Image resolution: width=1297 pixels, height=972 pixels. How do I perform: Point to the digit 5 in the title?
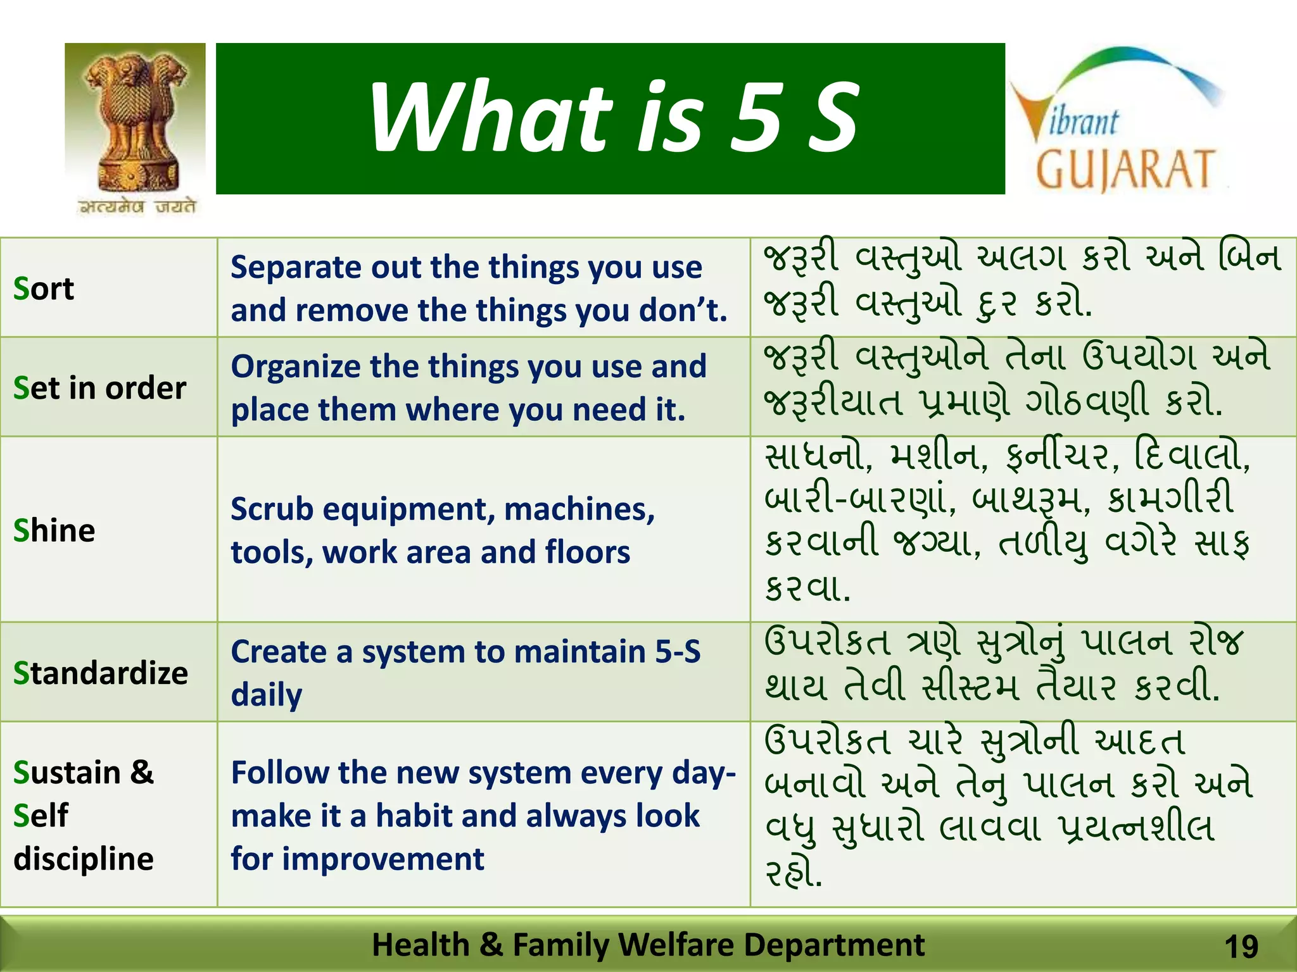[x=757, y=118]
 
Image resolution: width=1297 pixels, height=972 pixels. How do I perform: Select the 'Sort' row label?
[x=44, y=289]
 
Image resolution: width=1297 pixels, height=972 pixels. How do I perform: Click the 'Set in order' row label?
[x=100, y=388]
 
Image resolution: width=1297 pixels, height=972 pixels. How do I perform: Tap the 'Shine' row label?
[x=54, y=530]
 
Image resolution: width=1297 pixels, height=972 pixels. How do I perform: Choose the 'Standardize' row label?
[x=101, y=673]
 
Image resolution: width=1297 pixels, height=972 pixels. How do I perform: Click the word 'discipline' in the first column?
[x=84, y=859]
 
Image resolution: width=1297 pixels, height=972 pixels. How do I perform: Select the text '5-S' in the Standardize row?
[x=678, y=651]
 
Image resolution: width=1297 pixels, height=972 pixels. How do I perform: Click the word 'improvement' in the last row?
[x=383, y=859]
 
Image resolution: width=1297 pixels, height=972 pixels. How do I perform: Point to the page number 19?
[x=1241, y=947]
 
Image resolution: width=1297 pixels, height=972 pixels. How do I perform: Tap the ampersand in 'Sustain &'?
[x=142, y=773]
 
